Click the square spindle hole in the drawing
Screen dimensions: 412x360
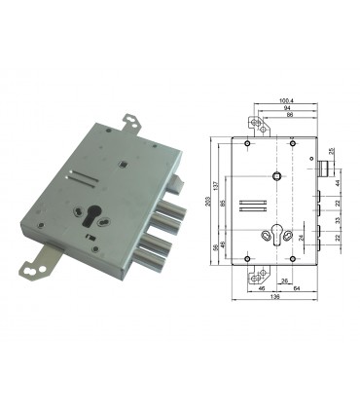(276, 176)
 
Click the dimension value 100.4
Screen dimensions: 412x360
(286, 98)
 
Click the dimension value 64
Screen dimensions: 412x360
(296, 290)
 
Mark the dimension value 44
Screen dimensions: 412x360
(338, 182)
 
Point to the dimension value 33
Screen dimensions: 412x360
(338, 221)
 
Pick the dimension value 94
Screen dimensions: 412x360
(286, 107)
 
